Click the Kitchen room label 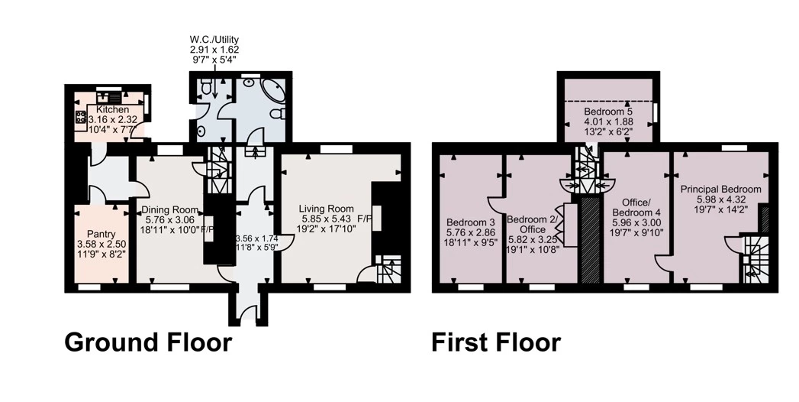click(113, 110)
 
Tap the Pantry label click(101, 234)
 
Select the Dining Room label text click(169, 209)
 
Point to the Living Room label click(326, 209)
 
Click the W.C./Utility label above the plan click(214, 39)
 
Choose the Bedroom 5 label click(604, 112)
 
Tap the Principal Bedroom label click(721, 190)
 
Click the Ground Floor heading click(148, 342)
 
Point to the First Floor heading click(496, 342)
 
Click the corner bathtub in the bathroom click(274, 92)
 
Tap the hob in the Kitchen click(82, 118)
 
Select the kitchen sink click(108, 96)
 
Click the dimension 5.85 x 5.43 click(326, 219)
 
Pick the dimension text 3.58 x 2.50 click(101, 244)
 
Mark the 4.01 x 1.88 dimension click(604, 122)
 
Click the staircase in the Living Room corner click(388, 269)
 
